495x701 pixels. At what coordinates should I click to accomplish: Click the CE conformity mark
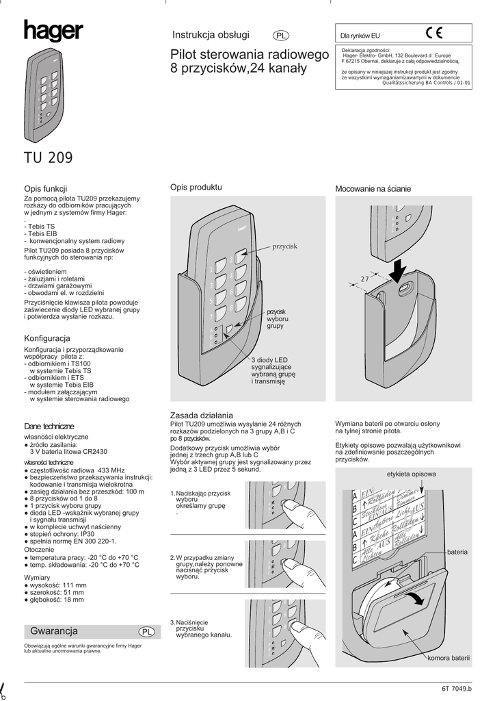[x=434, y=32]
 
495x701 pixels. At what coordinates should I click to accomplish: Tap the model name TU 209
[x=48, y=158]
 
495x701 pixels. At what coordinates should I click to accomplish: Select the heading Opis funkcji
[x=45, y=188]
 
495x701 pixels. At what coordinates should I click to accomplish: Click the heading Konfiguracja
[x=47, y=338]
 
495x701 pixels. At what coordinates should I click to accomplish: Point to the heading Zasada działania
[x=201, y=416]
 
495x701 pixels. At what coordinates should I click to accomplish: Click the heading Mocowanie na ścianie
[x=373, y=188]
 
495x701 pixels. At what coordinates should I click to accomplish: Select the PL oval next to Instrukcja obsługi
[x=281, y=36]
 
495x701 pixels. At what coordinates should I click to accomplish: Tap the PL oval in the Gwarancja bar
[x=146, y=631]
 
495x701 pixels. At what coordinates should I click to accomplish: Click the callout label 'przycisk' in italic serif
[x=286, y=246]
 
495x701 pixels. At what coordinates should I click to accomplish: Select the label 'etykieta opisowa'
[x=411, y=474]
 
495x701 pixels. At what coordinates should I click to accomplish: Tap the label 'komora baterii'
[x=449, y=658]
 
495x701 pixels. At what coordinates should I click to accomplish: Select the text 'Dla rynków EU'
[x=360, y=36]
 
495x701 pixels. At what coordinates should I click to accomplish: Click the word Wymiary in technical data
[x=40, y=577]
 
